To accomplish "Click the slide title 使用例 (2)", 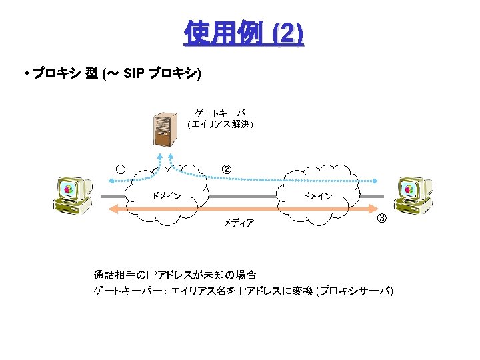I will pos(243,33).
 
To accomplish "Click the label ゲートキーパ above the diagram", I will pos(220,113).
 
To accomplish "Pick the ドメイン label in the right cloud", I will pos(317,196).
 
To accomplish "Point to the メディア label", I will pos(239,223).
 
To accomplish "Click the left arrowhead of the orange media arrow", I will pos(113,209).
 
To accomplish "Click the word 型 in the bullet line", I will pos(91,73).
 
